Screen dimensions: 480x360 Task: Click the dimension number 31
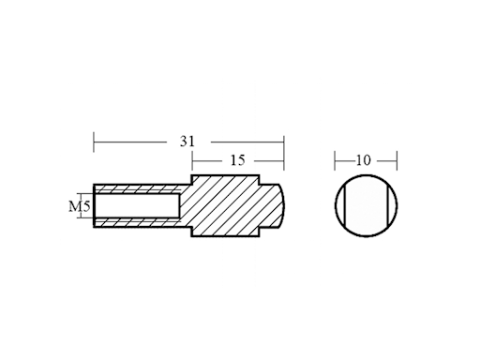[187, 142]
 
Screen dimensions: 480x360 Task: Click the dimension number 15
[237, 160]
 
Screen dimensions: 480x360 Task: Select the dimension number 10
[363, 160]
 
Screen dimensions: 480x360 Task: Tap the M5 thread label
[80, 206]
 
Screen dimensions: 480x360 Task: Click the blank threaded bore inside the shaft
[137, 205]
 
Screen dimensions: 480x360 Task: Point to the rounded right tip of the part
[283, 205]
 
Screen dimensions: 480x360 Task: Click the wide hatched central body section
[225, 205]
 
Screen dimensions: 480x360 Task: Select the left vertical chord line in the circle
[344, 205]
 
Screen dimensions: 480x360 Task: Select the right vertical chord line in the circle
[388, 205]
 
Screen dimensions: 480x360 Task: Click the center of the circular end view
[367, 205]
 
